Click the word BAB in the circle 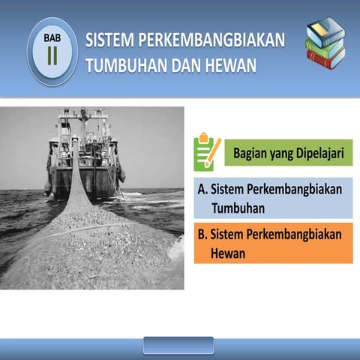(x=52, y=36)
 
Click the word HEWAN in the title (x=229, y=66)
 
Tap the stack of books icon (x=325, y=43)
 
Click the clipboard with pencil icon (x=206, y=152)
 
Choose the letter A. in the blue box (x=203, y=189)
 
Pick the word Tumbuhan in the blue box (x=244, y=206)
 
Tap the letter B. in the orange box (x=202, y=235)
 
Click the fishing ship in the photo (x=85, y=154)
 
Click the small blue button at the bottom (x=167, y=345)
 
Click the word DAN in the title (x=184, y=66)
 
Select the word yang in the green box (x=285, y=153)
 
